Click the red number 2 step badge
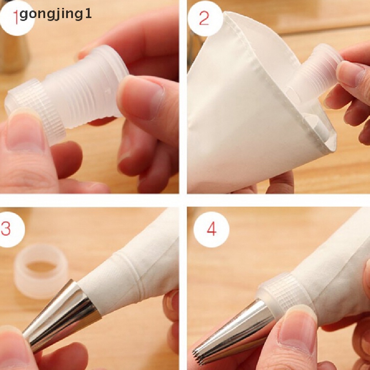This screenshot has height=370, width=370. pos(204,18)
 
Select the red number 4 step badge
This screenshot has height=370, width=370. pos(211,229)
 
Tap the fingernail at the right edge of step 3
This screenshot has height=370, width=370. pos(173,302)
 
